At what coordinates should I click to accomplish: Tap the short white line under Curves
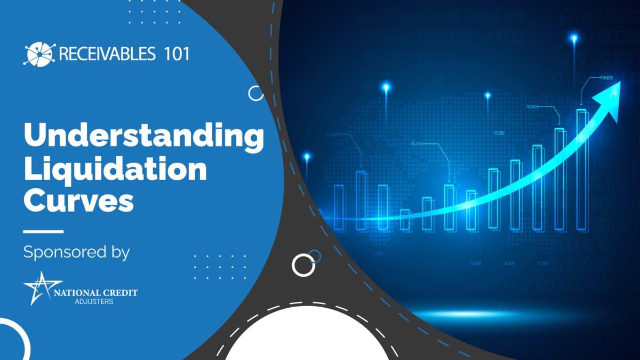click(x=43, y=231)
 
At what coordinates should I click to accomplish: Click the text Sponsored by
click(x=76, y=252)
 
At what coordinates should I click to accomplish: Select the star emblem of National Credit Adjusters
click(x=42, y=289)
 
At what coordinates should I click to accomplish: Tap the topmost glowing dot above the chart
click(x=574, y=38)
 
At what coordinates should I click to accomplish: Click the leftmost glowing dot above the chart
click(x=307, y=156)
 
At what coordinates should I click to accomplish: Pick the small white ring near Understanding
click(x=256, y=94)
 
